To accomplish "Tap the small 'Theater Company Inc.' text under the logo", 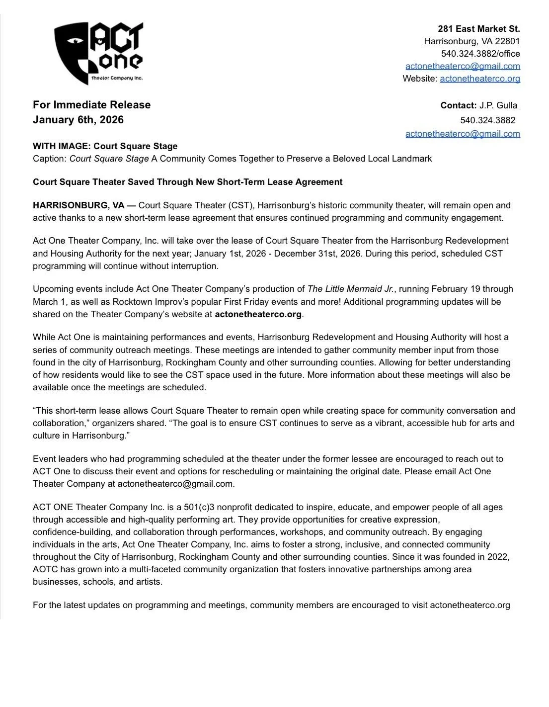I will coord(117,78).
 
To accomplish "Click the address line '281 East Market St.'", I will coord(478,29).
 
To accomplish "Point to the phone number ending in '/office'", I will coord(480,54).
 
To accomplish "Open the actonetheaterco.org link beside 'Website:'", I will coord(479,79).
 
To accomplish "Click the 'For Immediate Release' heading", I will coord(91,105).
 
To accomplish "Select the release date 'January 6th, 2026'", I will coord(78,120).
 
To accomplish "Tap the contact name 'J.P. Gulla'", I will coord(498,105).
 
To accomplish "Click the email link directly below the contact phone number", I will coord(462,134).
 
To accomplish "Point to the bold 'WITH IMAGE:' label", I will coord(62,146).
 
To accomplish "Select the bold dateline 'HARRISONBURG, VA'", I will coord(78,205).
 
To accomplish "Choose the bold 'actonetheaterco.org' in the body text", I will coord(258,314).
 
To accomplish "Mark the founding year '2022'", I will coord(499,557).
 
